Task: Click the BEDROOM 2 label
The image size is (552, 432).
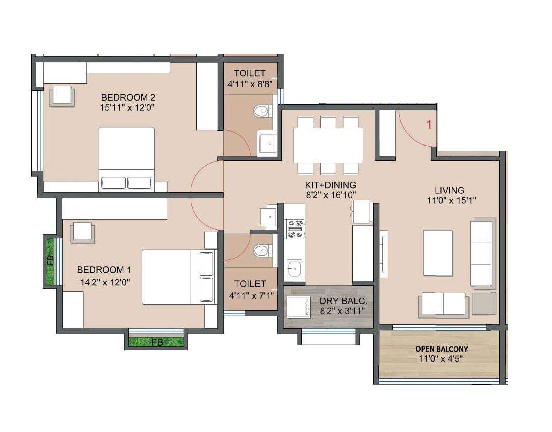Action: click(125, 97)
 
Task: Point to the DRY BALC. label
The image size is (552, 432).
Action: click(343, 301)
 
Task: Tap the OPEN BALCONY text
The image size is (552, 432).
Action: click(441, 349)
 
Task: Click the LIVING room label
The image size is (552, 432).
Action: click(449, 190)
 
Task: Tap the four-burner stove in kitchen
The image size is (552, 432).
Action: click(294, 229)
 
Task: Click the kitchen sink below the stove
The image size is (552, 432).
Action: click(294, 270)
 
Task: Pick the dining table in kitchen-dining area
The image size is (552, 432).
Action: click(328, 145)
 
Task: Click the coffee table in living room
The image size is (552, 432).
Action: click(438, 253)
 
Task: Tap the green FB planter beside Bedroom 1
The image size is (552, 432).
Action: click(50, 261)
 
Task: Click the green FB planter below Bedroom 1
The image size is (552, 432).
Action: click(156, 342)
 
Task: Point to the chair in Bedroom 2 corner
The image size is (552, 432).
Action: click(62, 95)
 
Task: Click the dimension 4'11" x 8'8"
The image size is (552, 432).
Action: click(249, 85)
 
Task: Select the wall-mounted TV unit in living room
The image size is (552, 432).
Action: click(383, 254)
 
